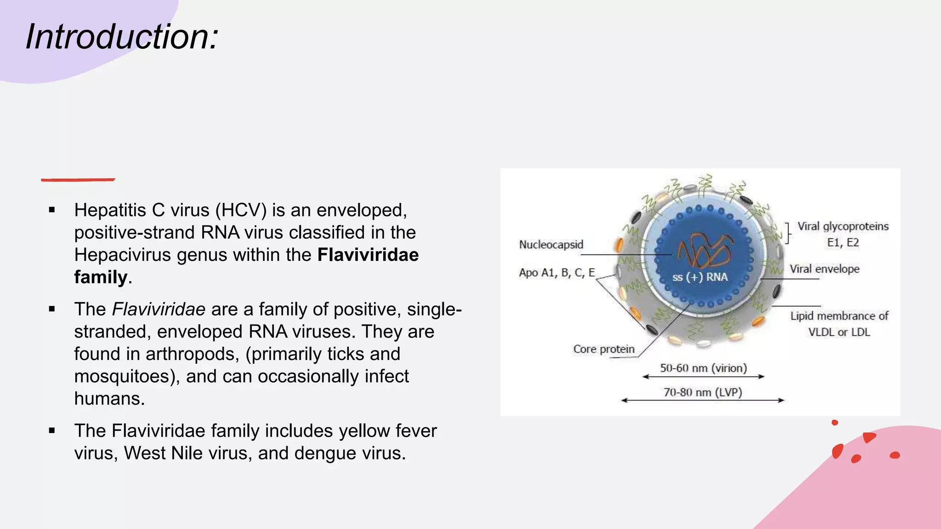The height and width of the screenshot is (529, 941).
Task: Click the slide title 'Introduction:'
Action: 122,37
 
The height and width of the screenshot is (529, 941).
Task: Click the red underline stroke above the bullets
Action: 78,180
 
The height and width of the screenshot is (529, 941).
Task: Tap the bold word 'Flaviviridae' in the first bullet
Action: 368,255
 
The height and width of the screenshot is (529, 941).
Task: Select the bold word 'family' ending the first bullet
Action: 100,277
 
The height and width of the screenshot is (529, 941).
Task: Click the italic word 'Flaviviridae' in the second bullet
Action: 159,309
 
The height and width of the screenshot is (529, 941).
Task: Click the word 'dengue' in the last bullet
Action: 325,453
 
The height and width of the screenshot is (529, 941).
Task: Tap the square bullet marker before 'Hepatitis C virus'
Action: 52,210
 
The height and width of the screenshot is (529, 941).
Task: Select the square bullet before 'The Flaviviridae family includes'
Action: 52,431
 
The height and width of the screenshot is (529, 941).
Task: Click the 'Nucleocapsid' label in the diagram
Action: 551,244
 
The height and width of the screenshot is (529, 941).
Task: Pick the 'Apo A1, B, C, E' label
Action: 556,273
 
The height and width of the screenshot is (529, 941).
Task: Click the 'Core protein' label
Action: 603,349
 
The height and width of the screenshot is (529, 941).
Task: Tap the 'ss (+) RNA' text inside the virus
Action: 700,277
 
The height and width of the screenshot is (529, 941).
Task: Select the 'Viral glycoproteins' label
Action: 843,226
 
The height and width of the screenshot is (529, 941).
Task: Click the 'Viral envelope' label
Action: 824,269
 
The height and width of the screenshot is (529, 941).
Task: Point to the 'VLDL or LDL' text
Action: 839,332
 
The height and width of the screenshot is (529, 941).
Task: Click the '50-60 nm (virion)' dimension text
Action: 703,368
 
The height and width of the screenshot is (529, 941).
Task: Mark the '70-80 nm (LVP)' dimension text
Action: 703,392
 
